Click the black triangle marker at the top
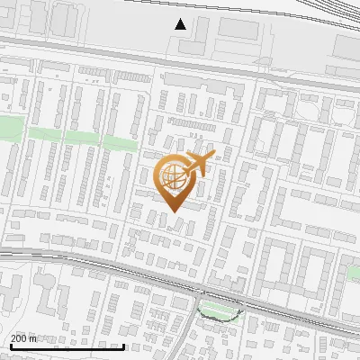pos(181,24)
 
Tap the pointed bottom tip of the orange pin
pos(174,211)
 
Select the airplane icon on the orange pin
pos(197,165)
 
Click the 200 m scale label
pos(23,338)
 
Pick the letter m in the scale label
pos(33,338)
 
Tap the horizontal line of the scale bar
pos(67,346)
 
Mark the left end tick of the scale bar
pos(11,345)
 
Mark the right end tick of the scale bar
pos(123,345)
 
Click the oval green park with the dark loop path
pos(220,310)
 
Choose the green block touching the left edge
pos(7,130)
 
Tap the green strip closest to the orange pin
pos(121,142)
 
